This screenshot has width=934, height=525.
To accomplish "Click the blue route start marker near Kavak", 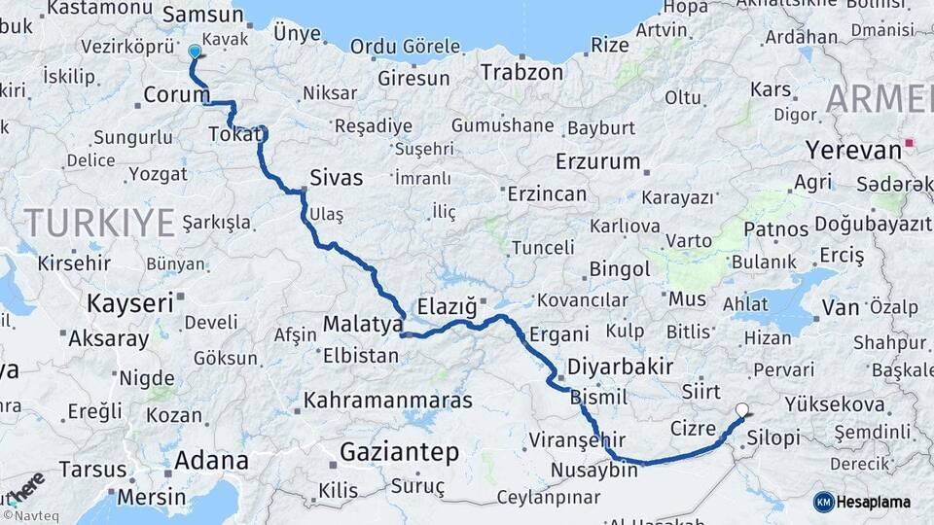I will pyautogui.click(x=195, y=52).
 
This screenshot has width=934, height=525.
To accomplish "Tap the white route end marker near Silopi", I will pyautogui.click(x=743, y=410).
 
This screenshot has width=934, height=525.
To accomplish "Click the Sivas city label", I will pyautogui.click(x=336, y=178).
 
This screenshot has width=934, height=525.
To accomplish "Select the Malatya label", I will pyautogui.click(x=363, y=323).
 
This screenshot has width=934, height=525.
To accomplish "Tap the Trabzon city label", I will pyautogui.click(x=521, y=72).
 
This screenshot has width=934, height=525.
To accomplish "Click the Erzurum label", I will pyautogui.click(x=596, y=160).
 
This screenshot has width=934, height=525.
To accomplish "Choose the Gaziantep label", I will pyautogui.click(x=399, y=451).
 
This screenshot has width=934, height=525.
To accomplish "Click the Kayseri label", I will pyautogui.click(x=129, y=302).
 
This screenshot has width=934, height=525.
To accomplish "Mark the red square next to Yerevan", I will pyautogui.click(x=910, y=144).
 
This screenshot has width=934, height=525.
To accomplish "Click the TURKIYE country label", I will pyautogui.click(x=99, y=223).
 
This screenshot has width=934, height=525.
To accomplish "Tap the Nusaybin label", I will pyautogui.click(x=593, y=471).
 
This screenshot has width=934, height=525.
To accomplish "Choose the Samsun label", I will pyautogui.click(x=202, y=14).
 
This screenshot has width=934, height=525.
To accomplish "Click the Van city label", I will pyautogui.click(x=840, y=307).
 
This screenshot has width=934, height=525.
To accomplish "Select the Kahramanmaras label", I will pyautogui.click(x=388, y=400).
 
